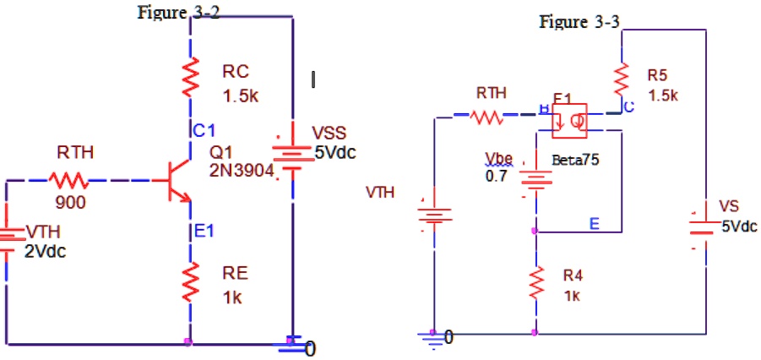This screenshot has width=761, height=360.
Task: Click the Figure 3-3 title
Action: (579, 22)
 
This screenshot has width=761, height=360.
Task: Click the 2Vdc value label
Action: (45, 252)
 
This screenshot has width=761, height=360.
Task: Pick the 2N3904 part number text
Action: (241, 170)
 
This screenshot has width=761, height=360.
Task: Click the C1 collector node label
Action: (204, 130)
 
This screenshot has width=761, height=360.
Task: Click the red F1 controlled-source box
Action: (569, 120)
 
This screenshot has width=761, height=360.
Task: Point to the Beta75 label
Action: (573, 159)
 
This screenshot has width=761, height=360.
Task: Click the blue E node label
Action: (594, 223)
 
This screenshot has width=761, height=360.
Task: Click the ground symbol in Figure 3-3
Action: (432, 339)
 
